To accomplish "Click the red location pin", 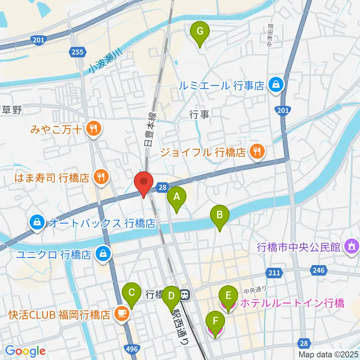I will click(x=143, y=182).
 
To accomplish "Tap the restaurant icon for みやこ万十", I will click(x=92, y=129).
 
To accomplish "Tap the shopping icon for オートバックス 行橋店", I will click(x=38, y=223).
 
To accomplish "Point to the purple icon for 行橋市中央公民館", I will click(x=351, y=247).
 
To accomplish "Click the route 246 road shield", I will click(x=317, y=270).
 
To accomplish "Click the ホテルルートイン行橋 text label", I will click(x=291, y=303).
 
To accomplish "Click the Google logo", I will click(x=25, y=351).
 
